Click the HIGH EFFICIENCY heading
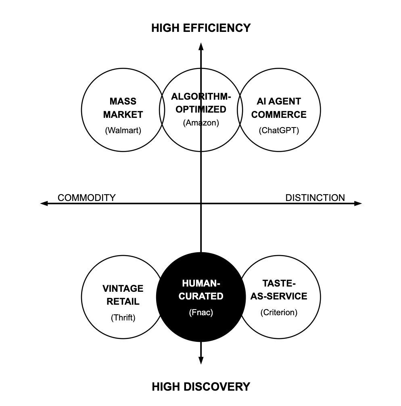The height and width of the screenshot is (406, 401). [201, 28]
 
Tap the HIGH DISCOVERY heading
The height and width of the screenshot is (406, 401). [201, 387]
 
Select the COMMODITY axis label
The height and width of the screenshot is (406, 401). [86, 198]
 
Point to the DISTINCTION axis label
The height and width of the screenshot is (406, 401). [315, 198]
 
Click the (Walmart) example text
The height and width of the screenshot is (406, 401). [123, 131]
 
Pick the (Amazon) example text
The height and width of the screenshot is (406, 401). [201, 123]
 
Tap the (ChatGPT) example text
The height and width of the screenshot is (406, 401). [279, 131]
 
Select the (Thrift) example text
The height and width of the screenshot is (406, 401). [123, 318]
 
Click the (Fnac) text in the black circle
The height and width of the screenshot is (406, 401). [201, 312]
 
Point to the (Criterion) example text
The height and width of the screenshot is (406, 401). [279, 312]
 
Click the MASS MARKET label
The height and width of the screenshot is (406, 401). [123, 108]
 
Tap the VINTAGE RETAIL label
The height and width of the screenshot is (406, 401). [123, 295]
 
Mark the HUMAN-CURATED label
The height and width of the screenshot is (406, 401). [201, 290]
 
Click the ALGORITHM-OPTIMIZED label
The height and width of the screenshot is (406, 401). [201, 103]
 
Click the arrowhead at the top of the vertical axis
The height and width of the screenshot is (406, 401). [201, 45]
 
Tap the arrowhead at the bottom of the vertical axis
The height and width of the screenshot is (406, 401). [201, 361]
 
